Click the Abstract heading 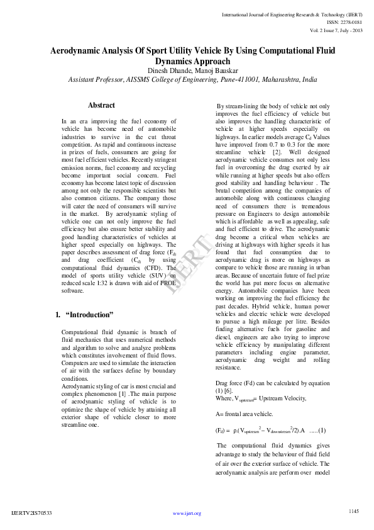pos(101,105)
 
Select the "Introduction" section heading pos(89,313)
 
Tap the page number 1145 pos(353,510)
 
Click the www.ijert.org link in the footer pos(187,513)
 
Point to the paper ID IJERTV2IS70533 pos(31,513)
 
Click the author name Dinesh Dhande pos(167,71)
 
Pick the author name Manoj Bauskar pos(208,71)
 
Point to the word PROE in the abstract pos(167,283)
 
